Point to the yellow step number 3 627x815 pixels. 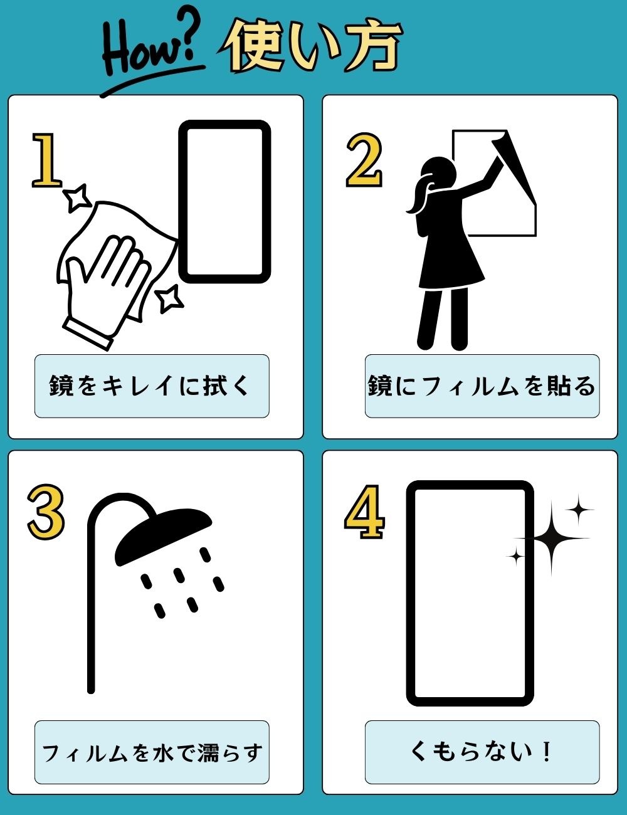46,512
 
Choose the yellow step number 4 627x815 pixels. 364,512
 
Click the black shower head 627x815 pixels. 163,535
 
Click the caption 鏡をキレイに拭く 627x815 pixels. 149,386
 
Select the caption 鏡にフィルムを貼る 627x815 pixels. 482,386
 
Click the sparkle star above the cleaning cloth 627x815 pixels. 77,198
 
